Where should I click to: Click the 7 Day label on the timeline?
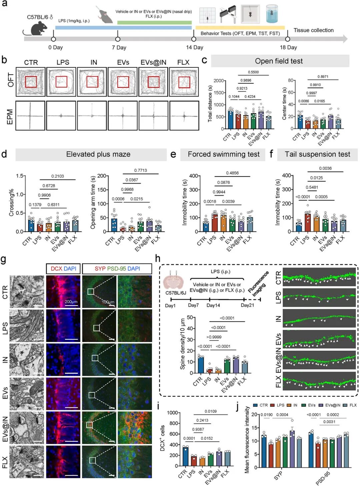119,47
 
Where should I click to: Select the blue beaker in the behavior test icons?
272,14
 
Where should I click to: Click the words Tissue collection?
313,30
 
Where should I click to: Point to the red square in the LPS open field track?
61,82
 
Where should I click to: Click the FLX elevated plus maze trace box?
184,116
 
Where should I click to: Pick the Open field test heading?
279,61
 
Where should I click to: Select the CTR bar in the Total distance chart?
230,119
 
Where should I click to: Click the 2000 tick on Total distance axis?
219,81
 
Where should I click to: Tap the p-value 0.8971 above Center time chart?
323,77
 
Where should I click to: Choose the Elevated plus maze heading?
98,154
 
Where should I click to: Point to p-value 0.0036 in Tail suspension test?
325,169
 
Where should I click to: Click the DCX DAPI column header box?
63,268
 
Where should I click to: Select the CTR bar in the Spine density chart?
201,365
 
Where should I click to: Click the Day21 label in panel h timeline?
247,305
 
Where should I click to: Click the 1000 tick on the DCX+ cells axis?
172,413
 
